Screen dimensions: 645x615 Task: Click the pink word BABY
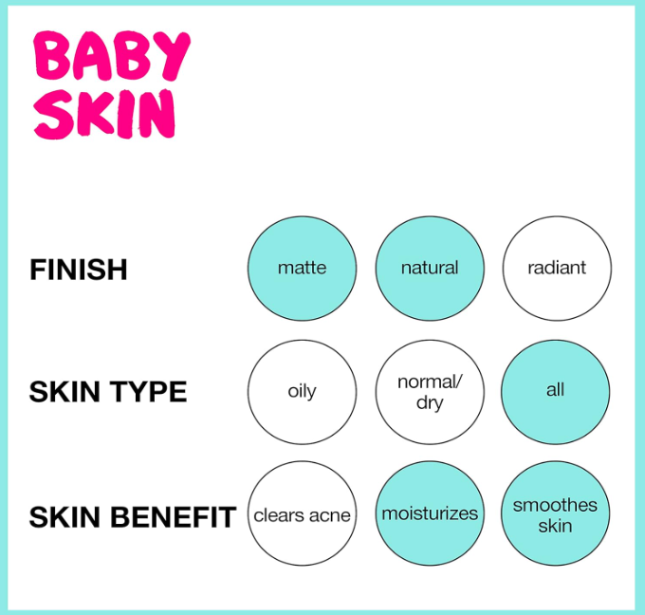pos(112,56)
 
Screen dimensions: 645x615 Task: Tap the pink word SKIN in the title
pos(104,114)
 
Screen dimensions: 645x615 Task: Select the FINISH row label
pos(78,270)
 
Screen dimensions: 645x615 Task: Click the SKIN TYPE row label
pos(108,391)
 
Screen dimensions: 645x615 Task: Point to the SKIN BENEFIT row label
pos(133,516)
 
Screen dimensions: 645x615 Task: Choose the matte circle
pos(302,269)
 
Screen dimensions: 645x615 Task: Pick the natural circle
pos(430,269)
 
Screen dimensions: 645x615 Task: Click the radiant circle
pos(557,269)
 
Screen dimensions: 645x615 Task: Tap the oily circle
pos(302,392)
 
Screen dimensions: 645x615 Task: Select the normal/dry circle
pos(430,392)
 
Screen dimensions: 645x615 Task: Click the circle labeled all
pos(555,392)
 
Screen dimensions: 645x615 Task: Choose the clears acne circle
pos(302,513)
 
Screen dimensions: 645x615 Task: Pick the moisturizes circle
pos(430,513)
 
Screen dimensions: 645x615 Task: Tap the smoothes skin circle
pos(555,513)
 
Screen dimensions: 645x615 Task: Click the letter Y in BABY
pos(172,56)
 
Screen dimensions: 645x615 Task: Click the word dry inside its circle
pos(430,402)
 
